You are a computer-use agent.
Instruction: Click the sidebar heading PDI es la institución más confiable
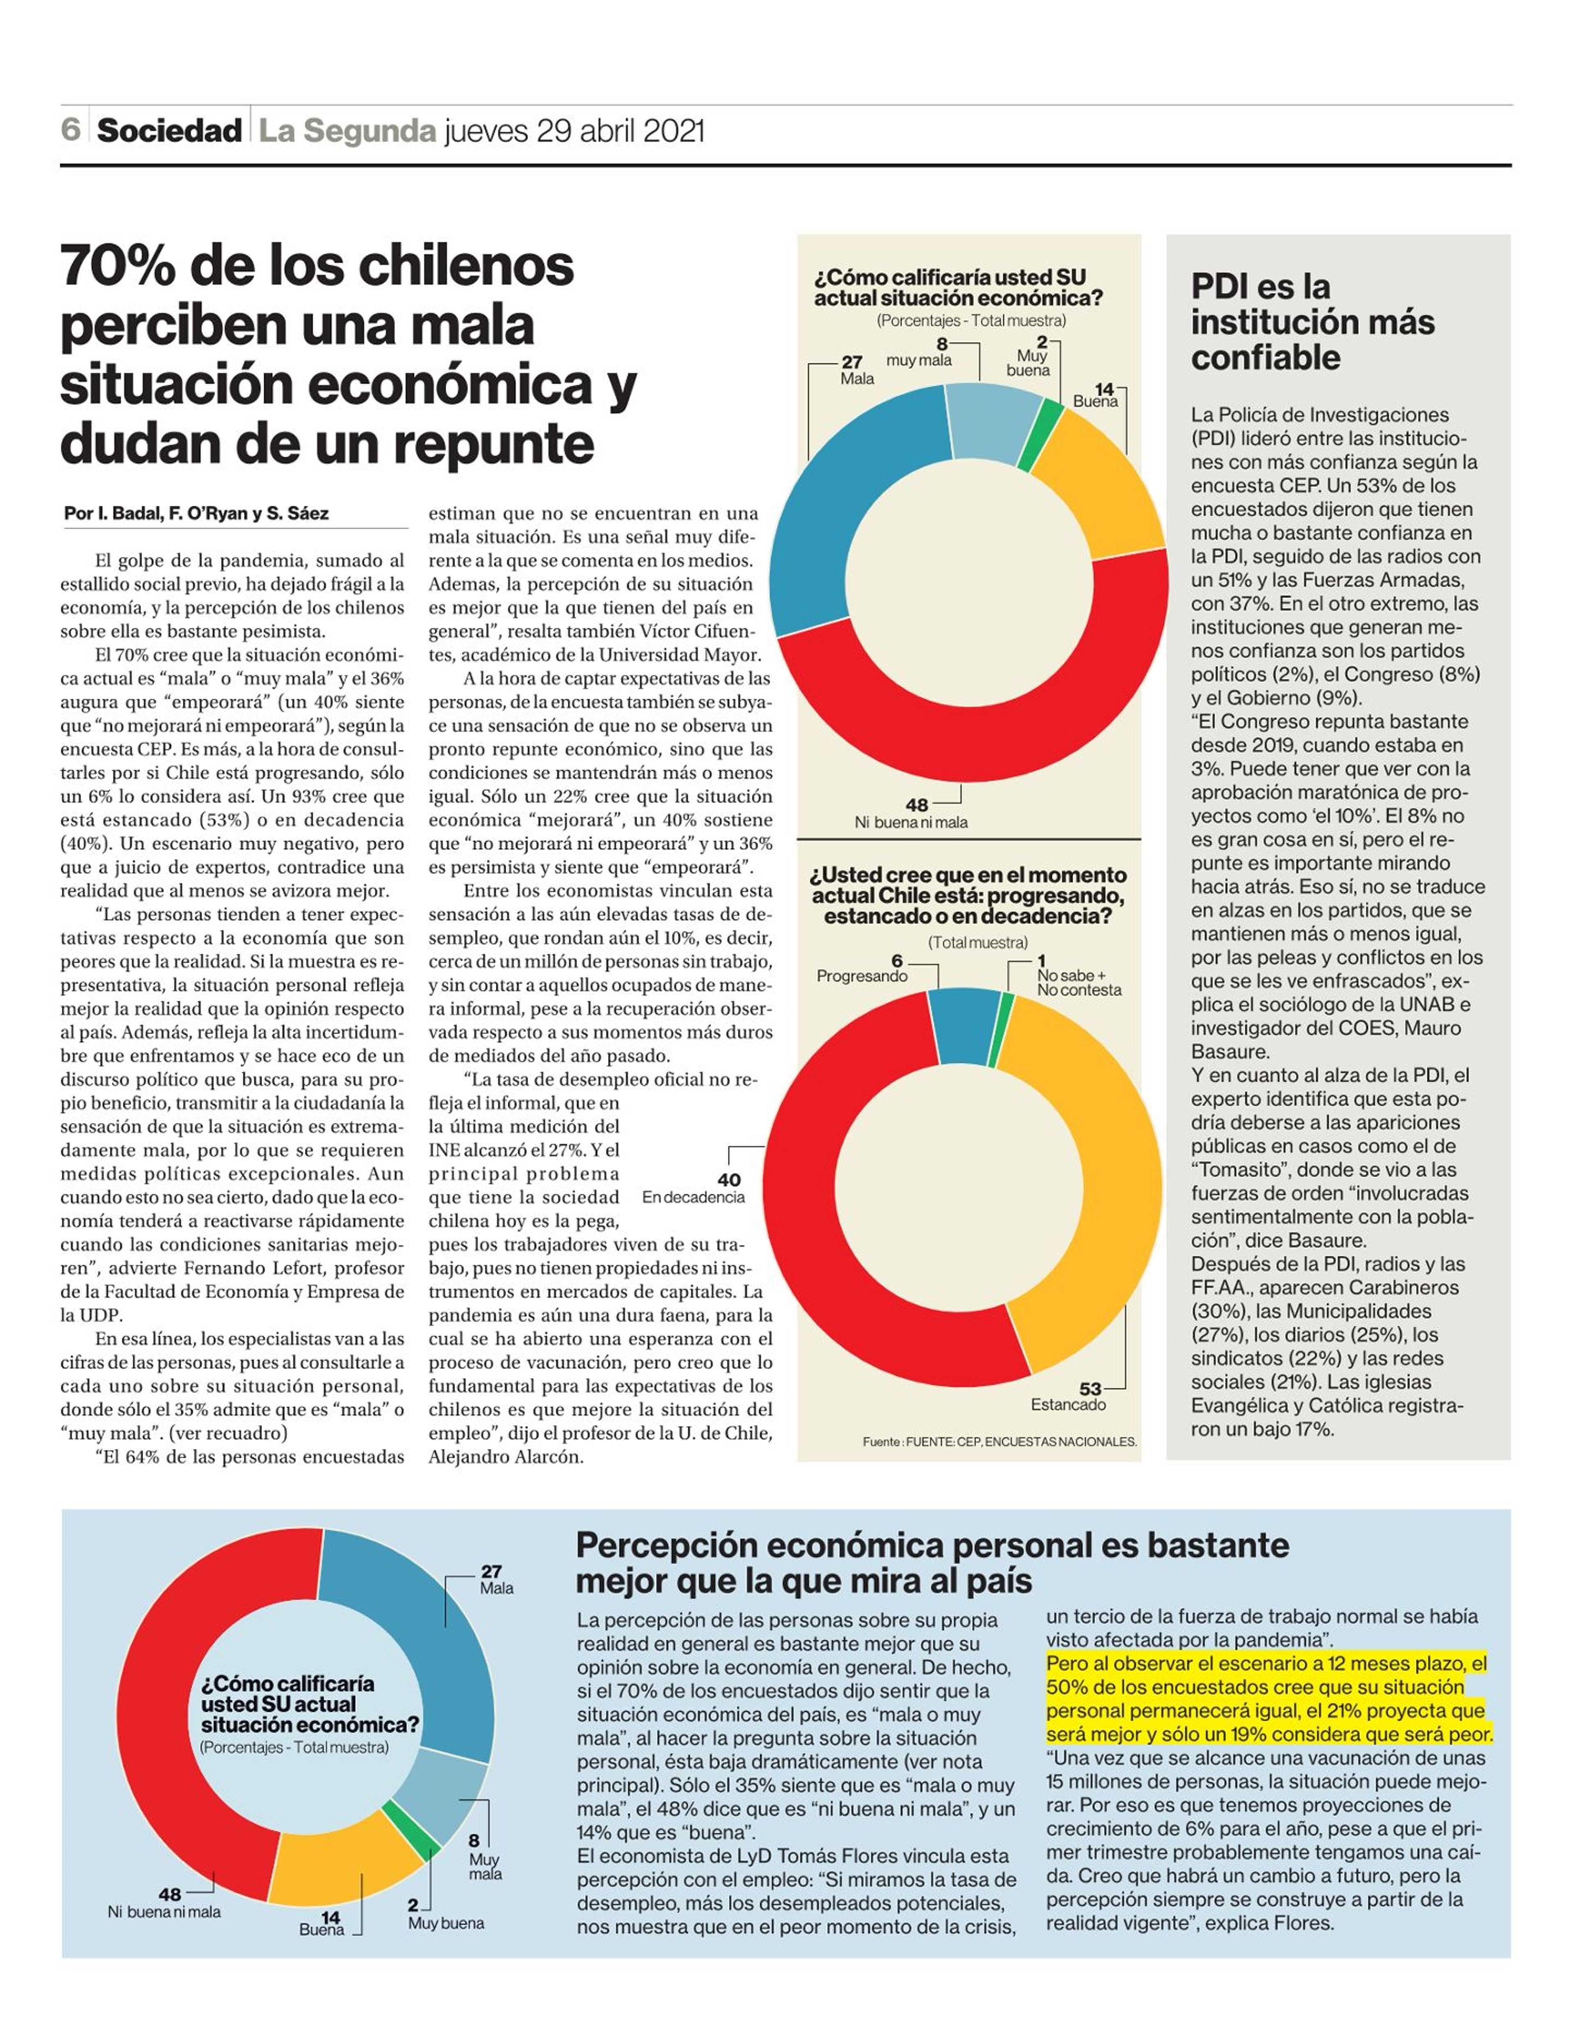point(1313,322)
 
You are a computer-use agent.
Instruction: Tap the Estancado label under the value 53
point(1069,1404)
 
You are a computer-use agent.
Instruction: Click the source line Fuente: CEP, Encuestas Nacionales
point(1000,1441)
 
